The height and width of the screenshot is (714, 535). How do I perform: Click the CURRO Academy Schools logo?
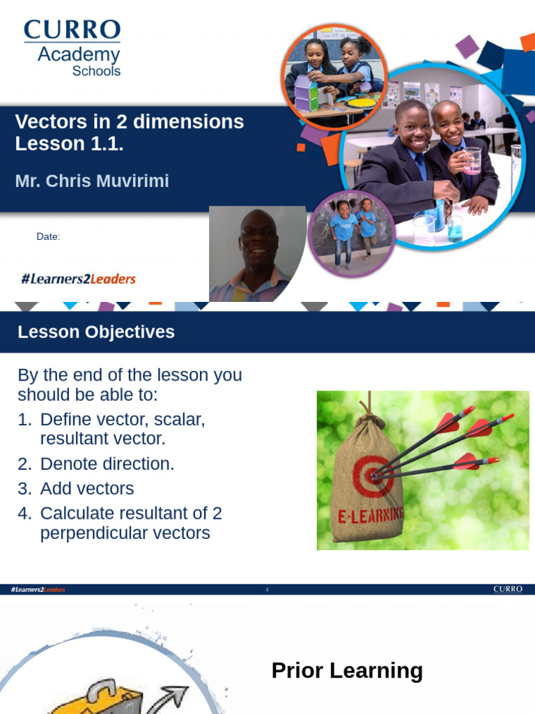[72, 47]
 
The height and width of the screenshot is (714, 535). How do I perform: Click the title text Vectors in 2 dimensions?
[130, 121]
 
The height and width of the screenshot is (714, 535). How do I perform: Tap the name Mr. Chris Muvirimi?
[92, 181]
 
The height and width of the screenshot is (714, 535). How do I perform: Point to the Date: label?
[48, 237]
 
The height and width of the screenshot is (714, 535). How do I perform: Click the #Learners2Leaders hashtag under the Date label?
[78, 279]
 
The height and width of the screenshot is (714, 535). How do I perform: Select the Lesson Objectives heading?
[96, 332]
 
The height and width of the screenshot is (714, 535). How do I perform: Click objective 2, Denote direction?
[107, 464]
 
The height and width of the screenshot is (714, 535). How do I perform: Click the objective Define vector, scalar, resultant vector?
[122, 429]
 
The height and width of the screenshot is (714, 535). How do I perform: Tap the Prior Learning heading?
[347, 671]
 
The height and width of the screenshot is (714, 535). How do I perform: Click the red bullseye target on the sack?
[374, 476]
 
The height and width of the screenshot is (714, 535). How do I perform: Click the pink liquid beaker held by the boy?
[472, 160]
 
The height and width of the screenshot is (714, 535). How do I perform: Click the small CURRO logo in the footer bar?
[507, 589]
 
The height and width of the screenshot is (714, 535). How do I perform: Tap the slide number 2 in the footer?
[267, 590]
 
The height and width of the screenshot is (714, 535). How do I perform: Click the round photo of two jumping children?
[352, 234]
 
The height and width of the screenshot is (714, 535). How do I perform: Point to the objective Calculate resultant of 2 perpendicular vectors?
[125, 523]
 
